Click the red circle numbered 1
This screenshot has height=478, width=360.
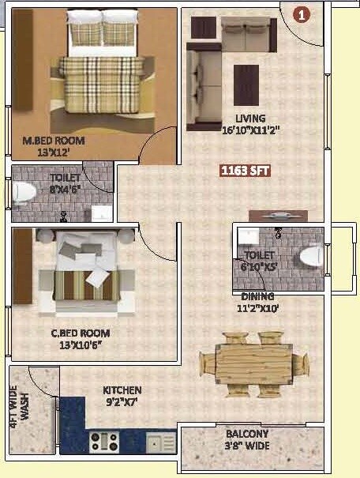pos(301,13)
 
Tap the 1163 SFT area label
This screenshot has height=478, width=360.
pos(246,169)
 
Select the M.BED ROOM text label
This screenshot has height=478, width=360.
pos(53,141)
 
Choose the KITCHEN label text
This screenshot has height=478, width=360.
pos(122,390)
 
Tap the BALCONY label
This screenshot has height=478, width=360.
pos(246,434)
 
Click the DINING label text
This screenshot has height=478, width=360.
pos(257,296)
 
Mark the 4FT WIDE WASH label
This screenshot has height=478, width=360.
pos(19,404)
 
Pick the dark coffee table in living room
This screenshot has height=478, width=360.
pos(246,82)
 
